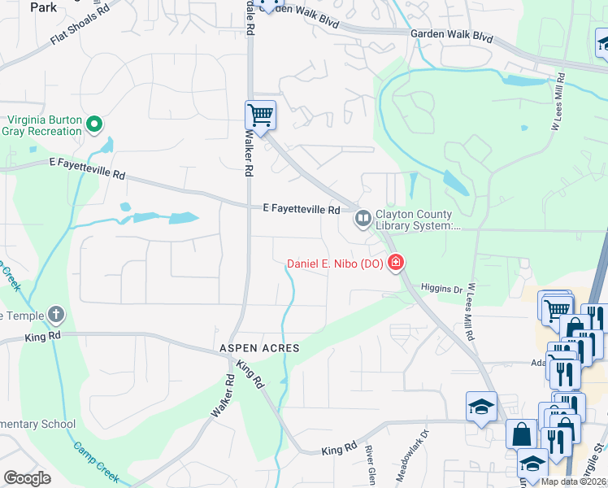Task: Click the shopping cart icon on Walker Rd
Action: tap(260, 115)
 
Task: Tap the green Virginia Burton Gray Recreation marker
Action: tap(94, 124)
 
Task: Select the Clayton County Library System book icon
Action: tap(362, 218)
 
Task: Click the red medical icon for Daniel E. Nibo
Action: tap(396, 263)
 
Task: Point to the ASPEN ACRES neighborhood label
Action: tap(259, 348)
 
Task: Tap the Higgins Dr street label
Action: tap(441, 289)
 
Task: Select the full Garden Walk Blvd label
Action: tap(452, 36)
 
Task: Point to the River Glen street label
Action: tap(370, 464)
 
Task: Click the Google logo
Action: tap(27, 478)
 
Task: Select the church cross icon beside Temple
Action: tap(55, 314)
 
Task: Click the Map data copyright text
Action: tap(573, 481)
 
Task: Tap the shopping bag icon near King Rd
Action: tap(521, 434)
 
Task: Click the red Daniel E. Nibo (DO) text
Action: tap(335, 264)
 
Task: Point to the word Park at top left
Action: tap(43, 7)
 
